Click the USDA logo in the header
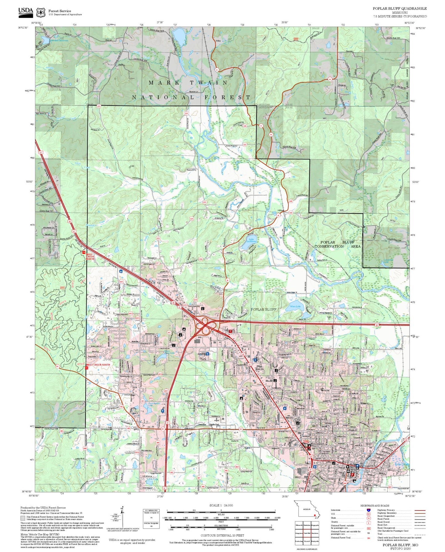pos(26,11)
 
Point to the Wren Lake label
pos(295,306)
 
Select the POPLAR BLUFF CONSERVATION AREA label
pos(337,244)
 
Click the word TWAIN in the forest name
pos(208,83)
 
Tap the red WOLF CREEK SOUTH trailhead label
pos(98,365)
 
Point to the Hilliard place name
pos(280,210)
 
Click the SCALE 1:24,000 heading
pos(221,505)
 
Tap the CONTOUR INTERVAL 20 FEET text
pos(221,535)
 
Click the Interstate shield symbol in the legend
pos(369,510)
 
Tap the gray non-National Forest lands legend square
pos(23,518)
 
